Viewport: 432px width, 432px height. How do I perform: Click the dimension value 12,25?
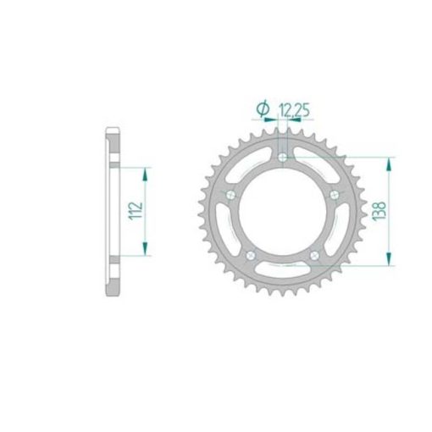(x=294, y=110)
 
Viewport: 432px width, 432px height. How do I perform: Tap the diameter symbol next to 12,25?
(x=263, y=108)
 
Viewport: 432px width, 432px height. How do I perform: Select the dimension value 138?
(x=379, y=211)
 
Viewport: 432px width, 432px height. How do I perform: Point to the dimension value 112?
(x=136, y=211)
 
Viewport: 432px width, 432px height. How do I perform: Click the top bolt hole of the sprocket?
(x=282, y=158)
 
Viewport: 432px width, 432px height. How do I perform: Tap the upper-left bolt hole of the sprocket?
(x=230, y=195)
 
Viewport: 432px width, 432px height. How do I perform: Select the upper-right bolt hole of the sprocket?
(x=335, y=195)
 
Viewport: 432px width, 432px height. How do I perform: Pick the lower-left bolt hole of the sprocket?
(x=251, y=256)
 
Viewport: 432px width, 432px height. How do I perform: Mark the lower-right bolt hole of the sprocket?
(x=314, y=256)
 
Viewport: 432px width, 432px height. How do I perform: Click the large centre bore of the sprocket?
(x=282, y=211)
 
